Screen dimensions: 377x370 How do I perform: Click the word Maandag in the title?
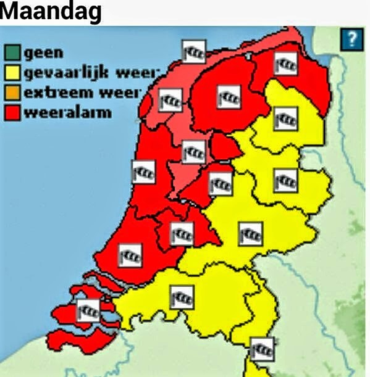(51, 12)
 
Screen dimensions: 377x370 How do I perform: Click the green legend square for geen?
(13, 54)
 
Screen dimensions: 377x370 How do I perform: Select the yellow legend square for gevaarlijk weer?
(13, 73)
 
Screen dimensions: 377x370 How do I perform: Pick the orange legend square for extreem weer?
(13, 93)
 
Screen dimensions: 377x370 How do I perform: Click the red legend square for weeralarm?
(13, 112)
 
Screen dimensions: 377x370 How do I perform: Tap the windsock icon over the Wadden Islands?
(193, 51)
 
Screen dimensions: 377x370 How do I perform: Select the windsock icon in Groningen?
(286, 62)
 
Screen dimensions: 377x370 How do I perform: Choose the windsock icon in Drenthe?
(286, 117)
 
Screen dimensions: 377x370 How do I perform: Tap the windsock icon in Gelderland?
(250, 233)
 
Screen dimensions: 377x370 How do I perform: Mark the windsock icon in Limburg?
(262, 349)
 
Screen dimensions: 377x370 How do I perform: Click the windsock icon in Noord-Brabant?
(182, 297)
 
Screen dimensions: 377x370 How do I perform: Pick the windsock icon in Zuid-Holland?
(130, 254)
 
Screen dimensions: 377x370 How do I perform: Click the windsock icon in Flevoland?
(220, 183)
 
